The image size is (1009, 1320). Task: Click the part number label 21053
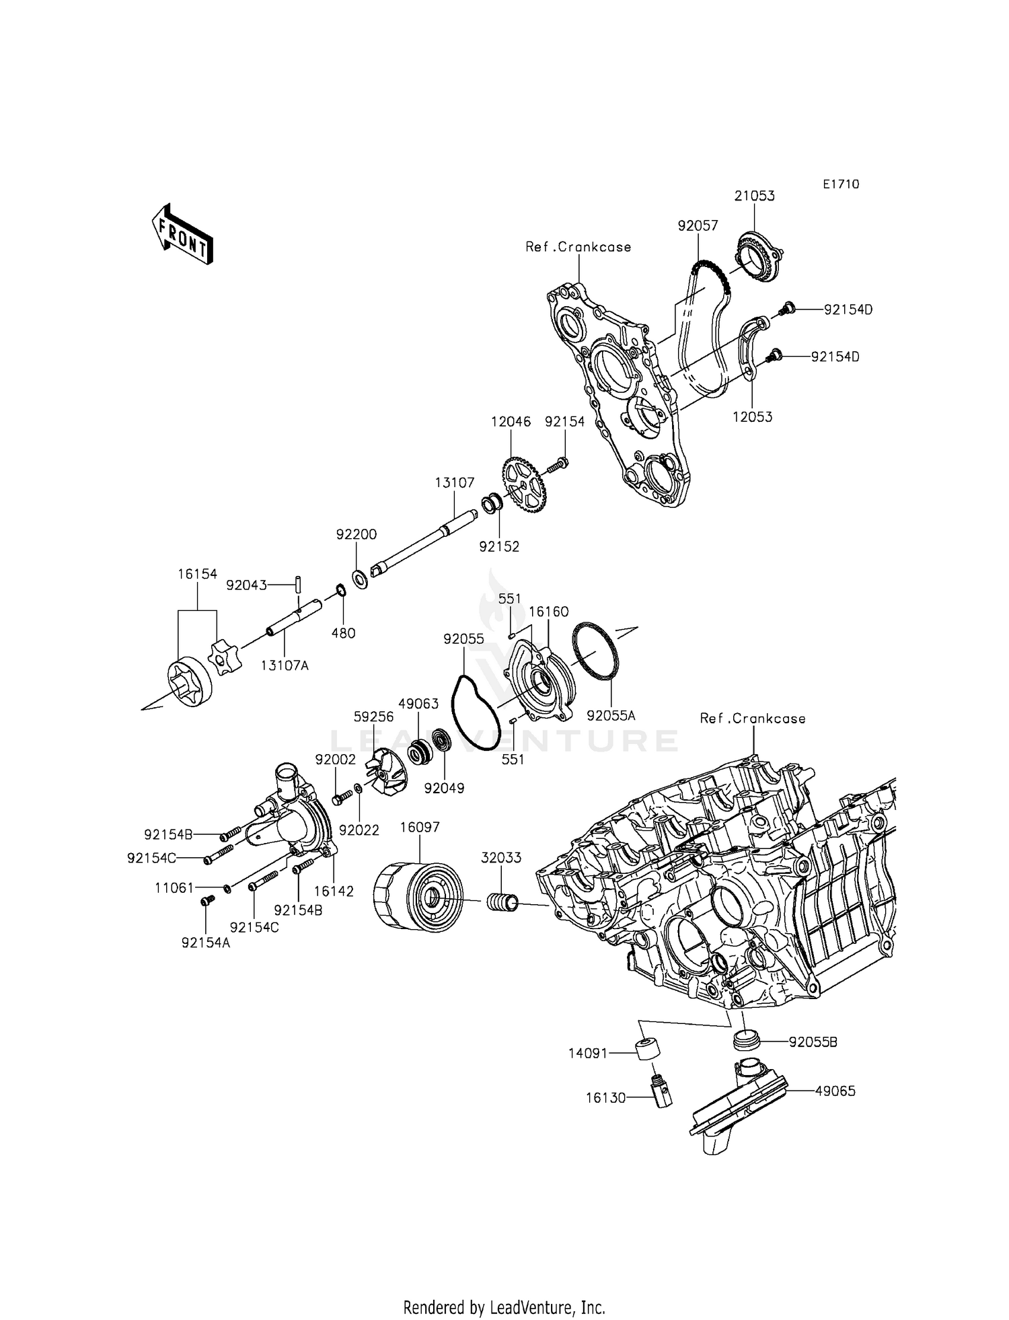coord(754,196)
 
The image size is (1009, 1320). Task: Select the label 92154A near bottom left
coord(205,943)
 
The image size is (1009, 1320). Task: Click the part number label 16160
coord(548,612)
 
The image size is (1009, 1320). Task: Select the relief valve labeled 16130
coord(660,1093)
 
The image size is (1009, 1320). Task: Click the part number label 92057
coord(698,226)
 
